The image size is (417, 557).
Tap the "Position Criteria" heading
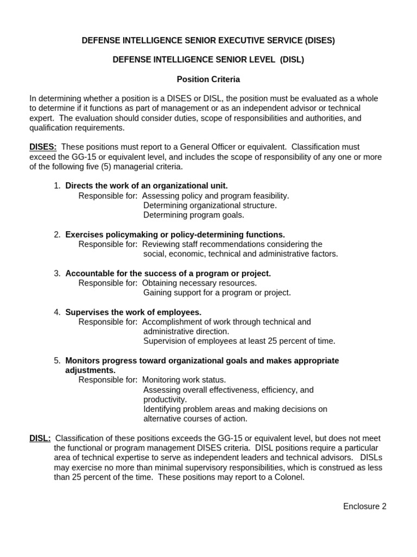[x=208, y=79]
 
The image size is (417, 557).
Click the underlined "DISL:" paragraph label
[x=40, y=438]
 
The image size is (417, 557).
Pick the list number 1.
[x=57, y=186]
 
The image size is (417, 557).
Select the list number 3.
[x=57, y=274]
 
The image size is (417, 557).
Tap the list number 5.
[x=57, y=361]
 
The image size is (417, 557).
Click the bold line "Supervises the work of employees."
[x=134, y=312]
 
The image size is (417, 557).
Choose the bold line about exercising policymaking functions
[x=175, y=234]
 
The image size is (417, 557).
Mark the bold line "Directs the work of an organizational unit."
[x=147, y=186]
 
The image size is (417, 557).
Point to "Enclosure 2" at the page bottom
[x=365, y=506]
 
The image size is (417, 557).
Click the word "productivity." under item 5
[x=165, y=399]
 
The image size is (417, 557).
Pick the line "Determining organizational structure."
[x=210, y=205]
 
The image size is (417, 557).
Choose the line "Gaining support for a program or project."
[x=217, y=293]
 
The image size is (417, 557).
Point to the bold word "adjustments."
[x=90, y=370]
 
